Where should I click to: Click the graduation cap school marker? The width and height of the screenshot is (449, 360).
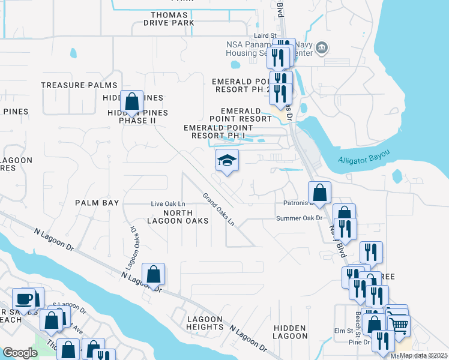tap(228, 161)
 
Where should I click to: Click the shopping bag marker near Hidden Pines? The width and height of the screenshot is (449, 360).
tap(131, 101)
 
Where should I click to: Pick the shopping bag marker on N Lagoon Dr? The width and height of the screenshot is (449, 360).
tap(154, 274)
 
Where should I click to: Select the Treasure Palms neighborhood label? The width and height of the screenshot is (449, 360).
tap(70, 85)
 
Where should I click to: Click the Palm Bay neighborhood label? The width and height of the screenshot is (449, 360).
tap(97, 203)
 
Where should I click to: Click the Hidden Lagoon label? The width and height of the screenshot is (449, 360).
tap(291, 332)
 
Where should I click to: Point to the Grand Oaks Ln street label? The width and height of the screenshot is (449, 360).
tap(218, 209)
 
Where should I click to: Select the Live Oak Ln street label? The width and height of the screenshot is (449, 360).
tap(167, 205)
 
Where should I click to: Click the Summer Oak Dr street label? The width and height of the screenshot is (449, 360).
tap(300, 218)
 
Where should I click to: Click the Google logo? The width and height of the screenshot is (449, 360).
tap(20, 353)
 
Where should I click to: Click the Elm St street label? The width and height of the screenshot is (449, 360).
tap(344, 330)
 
